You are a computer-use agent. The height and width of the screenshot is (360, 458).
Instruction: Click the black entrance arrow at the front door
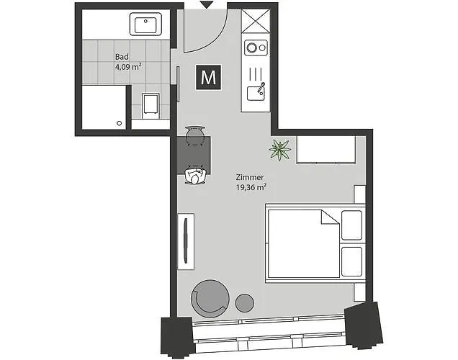tap(206, 5)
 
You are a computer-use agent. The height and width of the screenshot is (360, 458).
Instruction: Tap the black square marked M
tap(209, 78)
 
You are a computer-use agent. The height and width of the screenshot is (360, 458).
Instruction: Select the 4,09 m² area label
tap(127, 67)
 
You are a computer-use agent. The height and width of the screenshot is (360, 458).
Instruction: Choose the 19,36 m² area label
tap(251, 187)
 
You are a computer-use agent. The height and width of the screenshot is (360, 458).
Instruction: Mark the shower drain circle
tap(119, 123)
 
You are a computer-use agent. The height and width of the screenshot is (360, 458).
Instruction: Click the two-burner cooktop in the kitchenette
tap(254, 48)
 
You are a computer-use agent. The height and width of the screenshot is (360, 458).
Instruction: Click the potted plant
tap(280, 150)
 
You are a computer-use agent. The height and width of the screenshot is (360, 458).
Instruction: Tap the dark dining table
tap(194, 153)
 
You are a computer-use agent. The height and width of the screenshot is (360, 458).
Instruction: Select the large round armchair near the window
tap(209, 297)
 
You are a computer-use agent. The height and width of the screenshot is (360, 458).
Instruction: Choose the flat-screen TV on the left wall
tap(185, 238)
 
